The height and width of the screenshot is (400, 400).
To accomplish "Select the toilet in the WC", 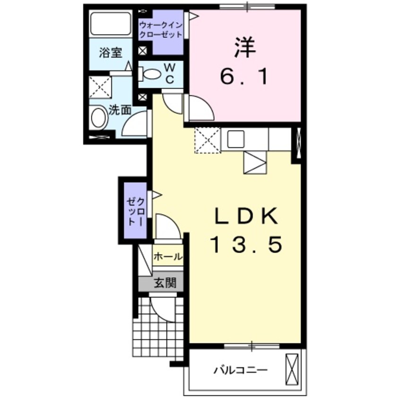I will pos(151,74).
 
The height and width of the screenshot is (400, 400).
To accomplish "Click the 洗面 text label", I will pos(120,111).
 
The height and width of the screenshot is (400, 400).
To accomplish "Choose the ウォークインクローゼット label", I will pos(161,30).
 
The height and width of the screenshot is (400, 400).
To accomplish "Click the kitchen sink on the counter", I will pos(235,139).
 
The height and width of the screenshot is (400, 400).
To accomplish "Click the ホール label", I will pos(167,257).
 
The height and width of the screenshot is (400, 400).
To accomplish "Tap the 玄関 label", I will pos(165,283).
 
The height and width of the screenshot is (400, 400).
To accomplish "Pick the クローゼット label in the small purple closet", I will pos(134,210).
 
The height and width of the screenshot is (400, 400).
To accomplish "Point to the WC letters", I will pos(170,74).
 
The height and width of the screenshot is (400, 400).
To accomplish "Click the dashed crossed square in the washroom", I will pos(100,88).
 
